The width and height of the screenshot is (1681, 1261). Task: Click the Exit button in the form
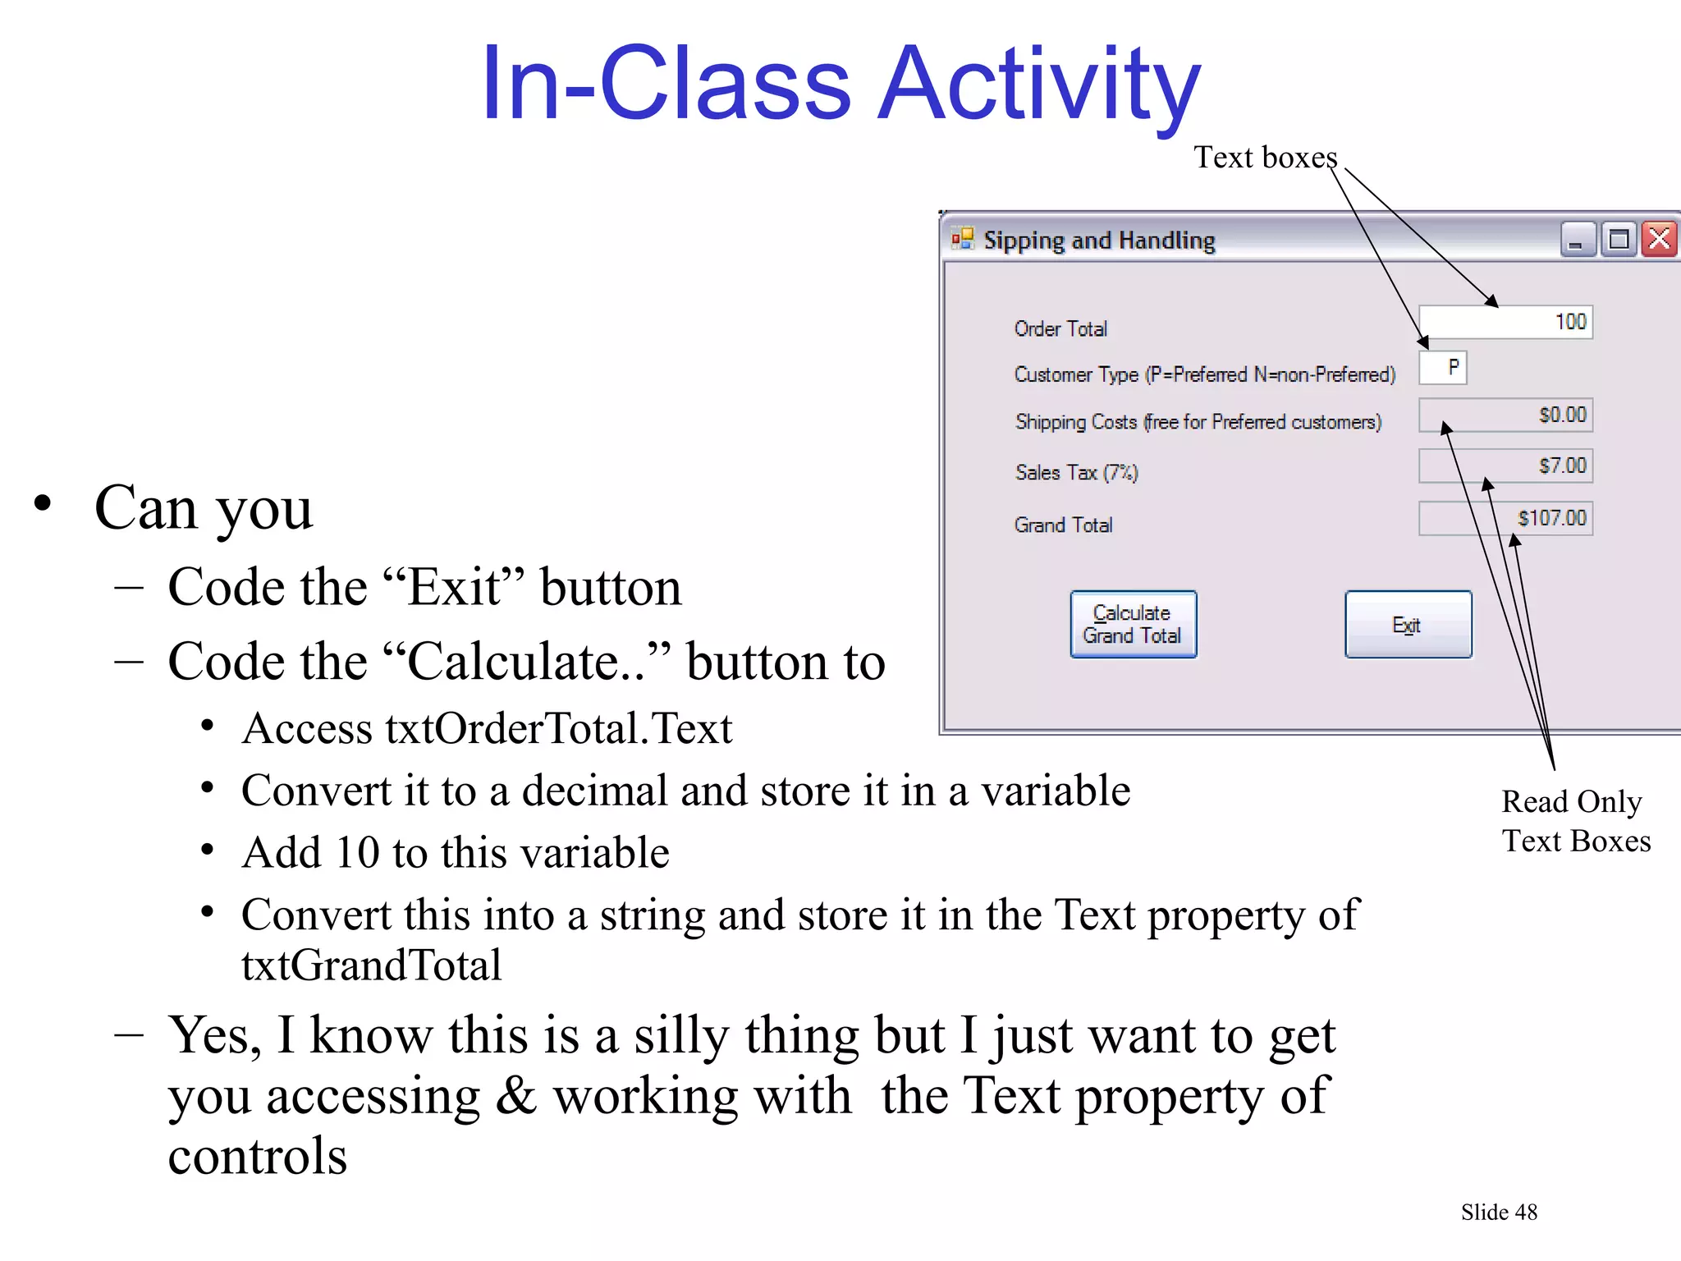coord(1408,625)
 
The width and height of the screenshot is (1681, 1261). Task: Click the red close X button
coord(1660,240)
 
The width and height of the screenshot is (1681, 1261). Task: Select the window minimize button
coord(1578,241)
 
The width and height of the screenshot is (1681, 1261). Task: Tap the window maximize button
coord(1619,241)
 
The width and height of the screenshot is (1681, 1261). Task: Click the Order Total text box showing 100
coord(1505,322)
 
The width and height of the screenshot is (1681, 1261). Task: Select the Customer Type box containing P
coord(1443,368)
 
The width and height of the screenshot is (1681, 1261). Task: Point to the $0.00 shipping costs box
coord(1505,415)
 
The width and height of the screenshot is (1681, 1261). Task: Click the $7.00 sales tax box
coord(1505,466)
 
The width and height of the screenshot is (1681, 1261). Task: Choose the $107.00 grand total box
coord(1505,518)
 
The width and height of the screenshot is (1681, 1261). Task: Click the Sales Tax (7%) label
coord(1076,473)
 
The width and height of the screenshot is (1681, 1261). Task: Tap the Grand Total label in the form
coord(1063,525)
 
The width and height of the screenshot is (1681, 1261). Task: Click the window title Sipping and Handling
coord(1099,241)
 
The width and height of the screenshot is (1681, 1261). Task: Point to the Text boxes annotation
coord(1265,158)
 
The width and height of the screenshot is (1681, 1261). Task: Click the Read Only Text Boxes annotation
coord(1575,821)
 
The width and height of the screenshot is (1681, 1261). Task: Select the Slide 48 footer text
coord(1499,1212)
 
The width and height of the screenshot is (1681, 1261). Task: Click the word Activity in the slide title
coord(1039,85)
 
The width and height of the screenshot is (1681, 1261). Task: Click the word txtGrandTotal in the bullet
coord(371,965)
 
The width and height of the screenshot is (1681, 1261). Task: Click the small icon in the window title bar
coord(962,239)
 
